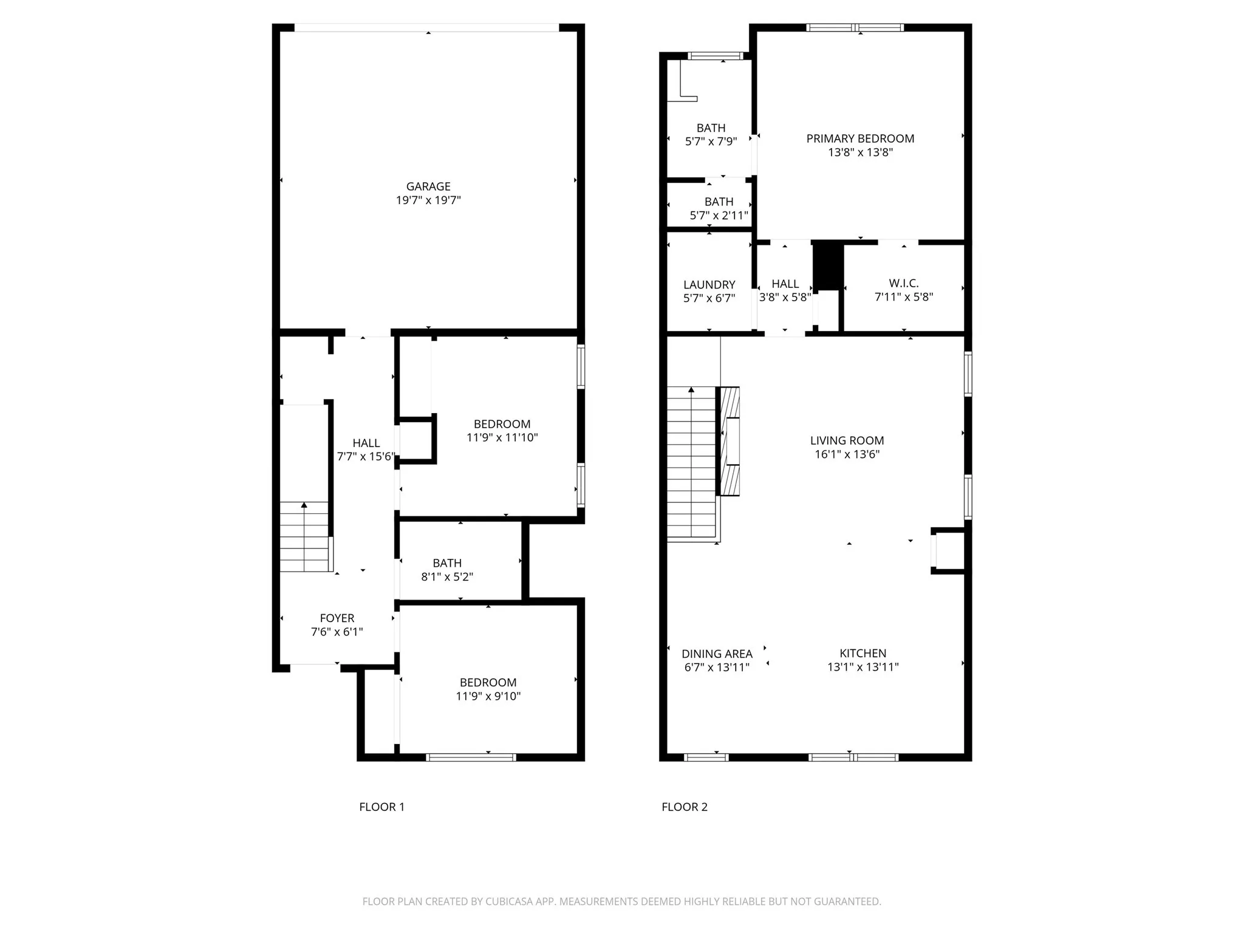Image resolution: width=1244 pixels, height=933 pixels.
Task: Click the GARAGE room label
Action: pyautogui.click(x=428, y=186)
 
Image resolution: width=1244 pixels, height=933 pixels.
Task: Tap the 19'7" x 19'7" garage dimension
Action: pyautogui.click(x=428, y=200)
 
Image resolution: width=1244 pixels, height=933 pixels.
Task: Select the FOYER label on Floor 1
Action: pyautogui.click(x=337, y=618)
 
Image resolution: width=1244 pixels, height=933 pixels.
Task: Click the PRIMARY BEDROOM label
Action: pyautogui.click(x=860, y=138)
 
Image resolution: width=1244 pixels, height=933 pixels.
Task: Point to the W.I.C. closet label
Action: pyautogui.click(x=904, y=283)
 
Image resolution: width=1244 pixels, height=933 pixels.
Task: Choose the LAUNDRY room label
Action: pyautogui.click(x=709, y=285)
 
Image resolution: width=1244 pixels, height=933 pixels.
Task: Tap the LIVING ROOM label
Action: pyautogui.click(x=847, y=440)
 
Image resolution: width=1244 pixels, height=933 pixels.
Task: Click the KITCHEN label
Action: pyautogui.click(x=863, y=653)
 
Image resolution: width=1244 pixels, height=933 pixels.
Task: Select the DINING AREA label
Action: pyautogui.click(x=717, y=654)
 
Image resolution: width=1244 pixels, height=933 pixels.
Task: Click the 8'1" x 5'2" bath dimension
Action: pyautogui.click(x=447, y=577)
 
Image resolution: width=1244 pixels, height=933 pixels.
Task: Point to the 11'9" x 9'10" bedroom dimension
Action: pyautogui.click(x=488, y=696)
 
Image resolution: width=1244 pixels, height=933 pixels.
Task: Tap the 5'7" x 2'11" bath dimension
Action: pyautogui.click(x=719, y=216)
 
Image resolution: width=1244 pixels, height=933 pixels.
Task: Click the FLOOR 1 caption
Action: pyautogui.click(x=381, y=807)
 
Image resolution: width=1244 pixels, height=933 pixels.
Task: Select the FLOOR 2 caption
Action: pyautogui.click(x=685, y=807)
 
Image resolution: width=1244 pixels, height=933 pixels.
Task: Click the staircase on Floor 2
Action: pyautogui.click(x=691, y=462)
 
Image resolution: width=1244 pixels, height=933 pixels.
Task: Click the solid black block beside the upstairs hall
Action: pyautogui.click(x=828, y=266)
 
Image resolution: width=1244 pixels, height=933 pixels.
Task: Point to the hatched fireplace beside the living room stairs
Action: pyautogui.click(x=730, y=442)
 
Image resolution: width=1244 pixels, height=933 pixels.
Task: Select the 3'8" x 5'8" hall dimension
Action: pyautogui.click(x=785, y=298)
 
